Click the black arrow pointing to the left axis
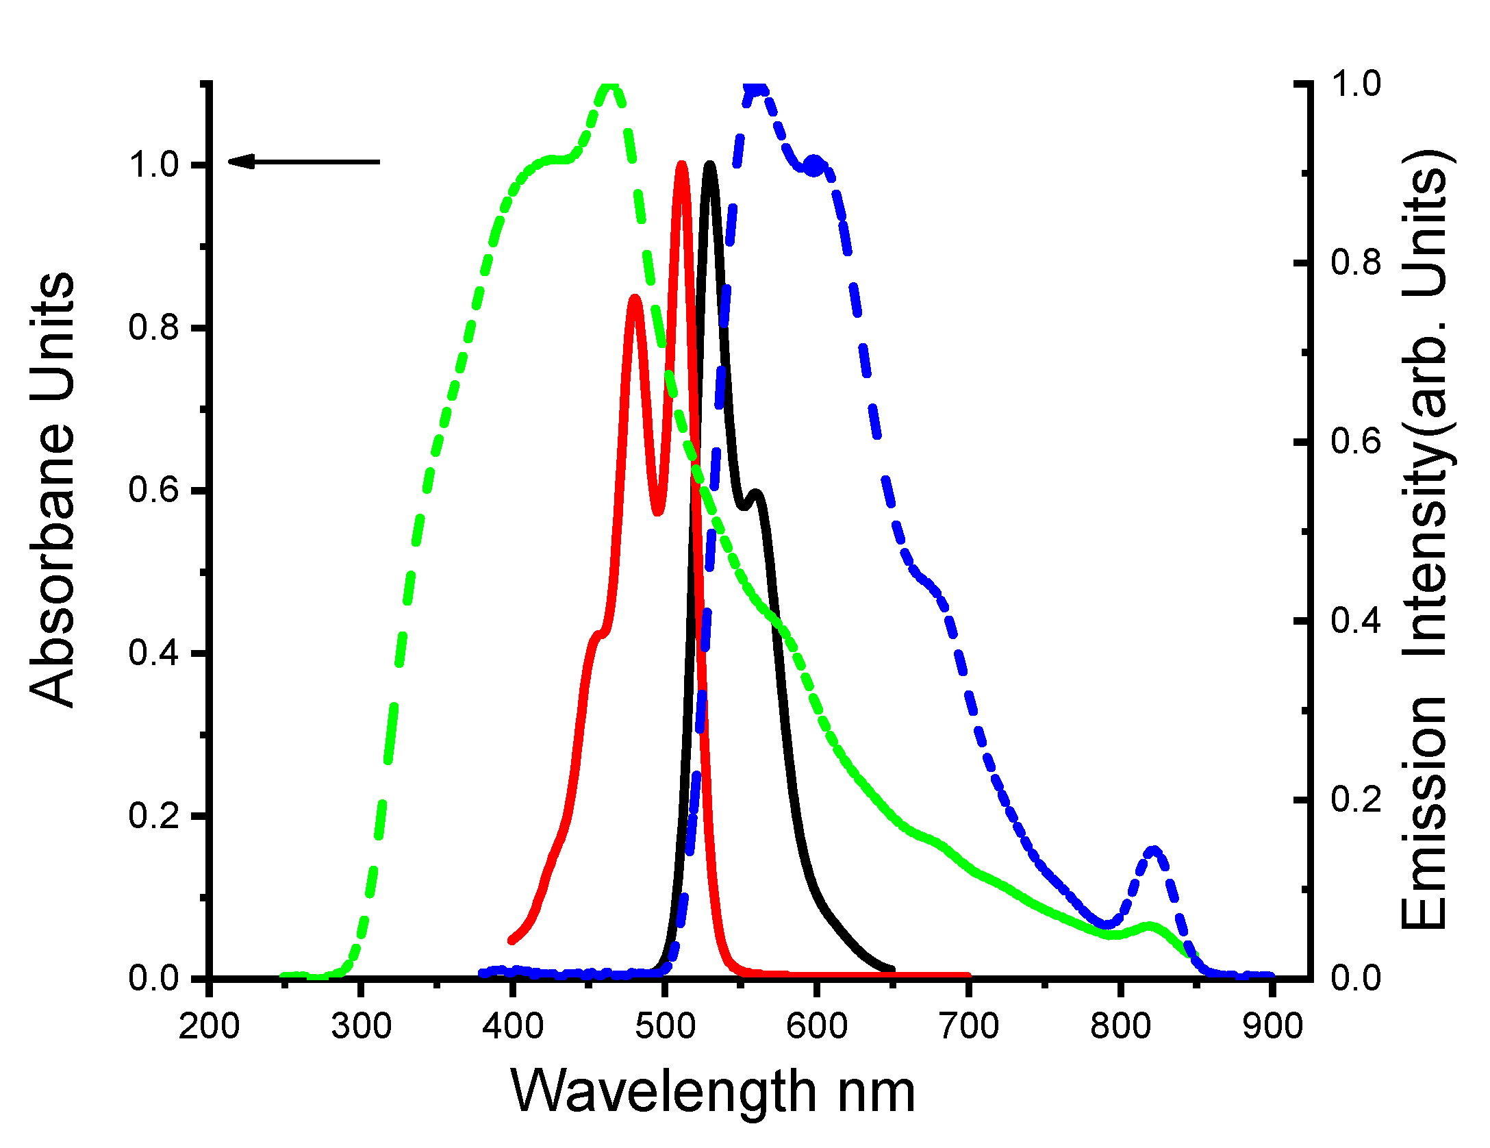(303, 162)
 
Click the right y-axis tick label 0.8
(1356, 262)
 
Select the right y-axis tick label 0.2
(1356, 799)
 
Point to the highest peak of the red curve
(681, 164)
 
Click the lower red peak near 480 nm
(635, 298)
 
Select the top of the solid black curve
(710, 164)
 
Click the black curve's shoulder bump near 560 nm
(756, 492)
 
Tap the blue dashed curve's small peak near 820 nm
(1154, 851)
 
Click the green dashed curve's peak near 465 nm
(610, 86)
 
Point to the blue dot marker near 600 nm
(814, 165)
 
